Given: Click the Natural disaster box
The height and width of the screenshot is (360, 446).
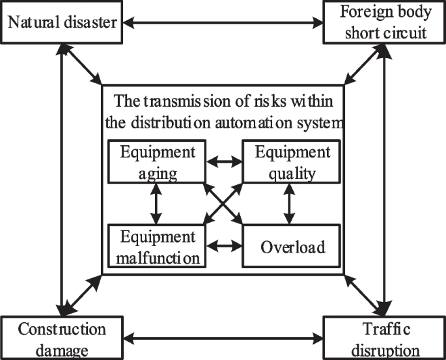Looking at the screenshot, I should [62, 23].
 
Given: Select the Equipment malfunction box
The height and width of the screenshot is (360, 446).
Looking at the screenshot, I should [156, 247].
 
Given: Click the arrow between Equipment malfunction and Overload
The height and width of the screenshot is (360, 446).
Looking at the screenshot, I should [223, 247].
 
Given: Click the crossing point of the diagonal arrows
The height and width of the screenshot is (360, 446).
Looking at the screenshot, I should [223, 204].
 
